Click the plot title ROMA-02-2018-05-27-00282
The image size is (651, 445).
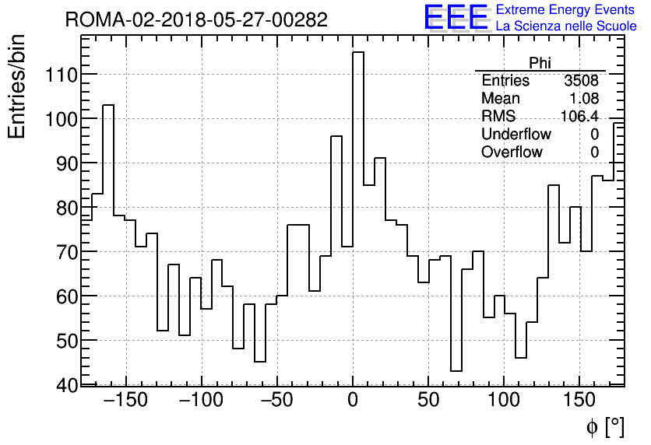196,19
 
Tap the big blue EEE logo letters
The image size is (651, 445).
456,19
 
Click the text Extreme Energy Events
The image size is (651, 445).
566,10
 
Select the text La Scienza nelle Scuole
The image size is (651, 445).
566,26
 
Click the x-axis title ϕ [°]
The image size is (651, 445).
604,426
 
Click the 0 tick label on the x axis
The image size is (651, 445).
353,401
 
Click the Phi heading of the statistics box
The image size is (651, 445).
540,63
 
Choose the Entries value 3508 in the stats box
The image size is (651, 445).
581,81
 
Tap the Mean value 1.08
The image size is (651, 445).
584,99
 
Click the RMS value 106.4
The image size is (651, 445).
579,117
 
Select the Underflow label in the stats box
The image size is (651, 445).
516,135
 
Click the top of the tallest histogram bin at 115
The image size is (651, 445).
358,52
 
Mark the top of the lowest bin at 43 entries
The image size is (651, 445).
456,371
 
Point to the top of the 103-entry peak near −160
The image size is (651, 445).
108,105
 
